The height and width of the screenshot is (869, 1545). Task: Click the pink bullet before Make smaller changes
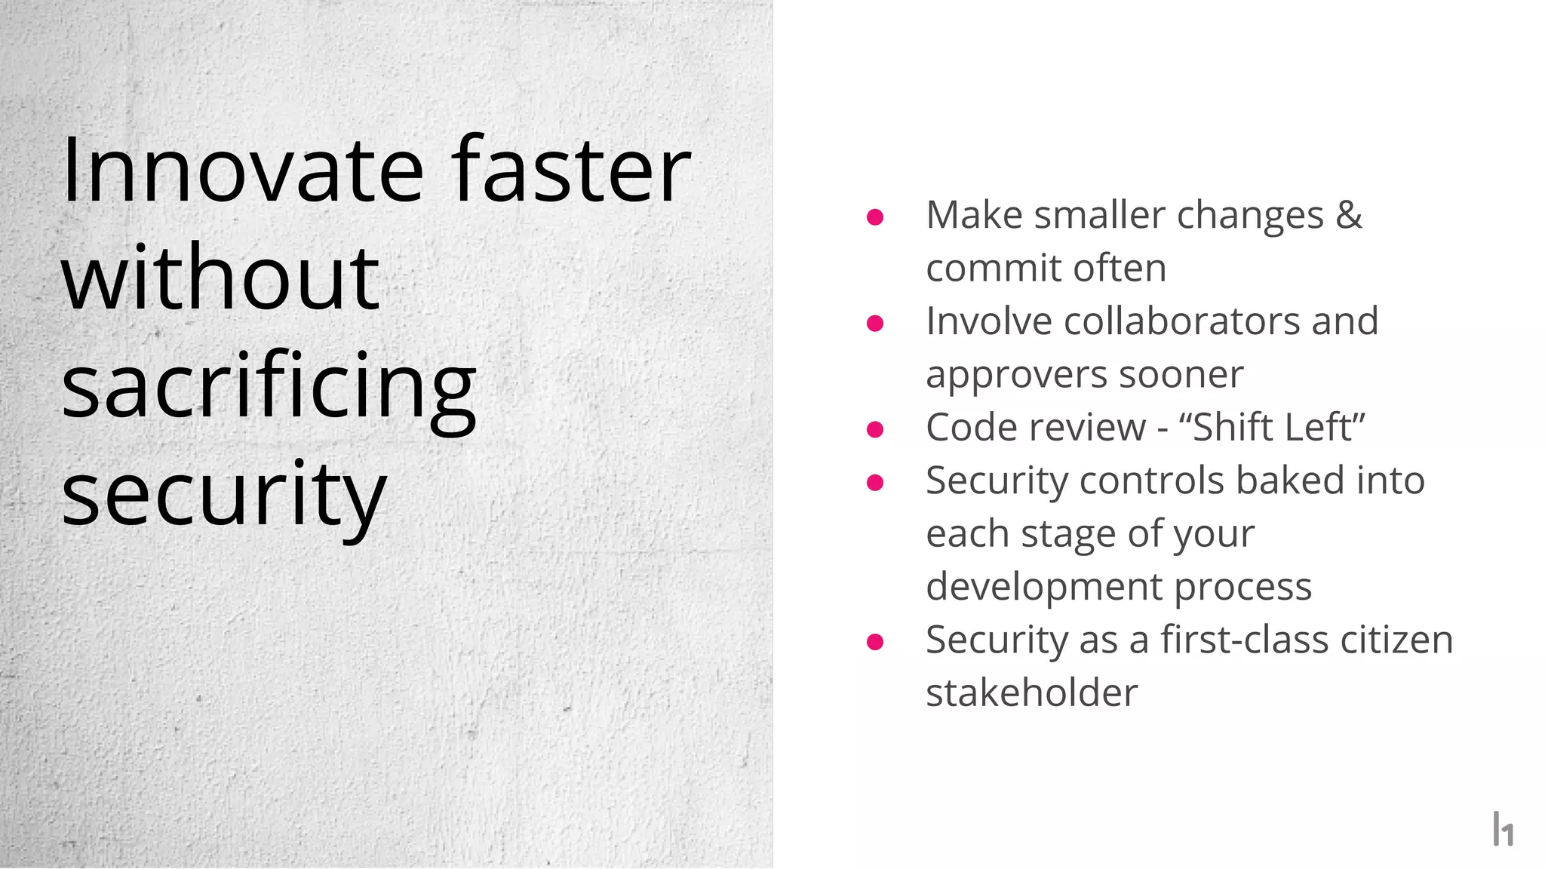click(875, 217)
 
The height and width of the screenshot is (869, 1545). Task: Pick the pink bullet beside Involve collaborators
click(875, 324)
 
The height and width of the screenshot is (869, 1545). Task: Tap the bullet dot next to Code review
click(875, 429)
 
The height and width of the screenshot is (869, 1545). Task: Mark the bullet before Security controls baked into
click(875, 483)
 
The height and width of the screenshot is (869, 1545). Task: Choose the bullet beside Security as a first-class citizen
click(875, 642)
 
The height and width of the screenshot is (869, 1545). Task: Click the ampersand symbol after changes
click(1349, 216)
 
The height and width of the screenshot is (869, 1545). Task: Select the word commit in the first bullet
click(984, 269)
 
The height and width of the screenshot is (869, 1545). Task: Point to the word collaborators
click(1182, 321)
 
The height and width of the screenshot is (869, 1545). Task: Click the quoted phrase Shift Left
click(1272, 427)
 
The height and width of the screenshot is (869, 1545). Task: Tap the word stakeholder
click(1031, 693)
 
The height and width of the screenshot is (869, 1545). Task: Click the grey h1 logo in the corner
click(1503, 829)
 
